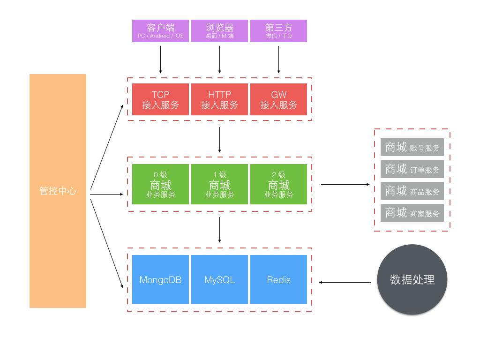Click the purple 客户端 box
click(x=160, y=31)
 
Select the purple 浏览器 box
click(x=219, y=31)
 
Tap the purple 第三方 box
click(x=278, y=31)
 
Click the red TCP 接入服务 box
click(x=160, y=99)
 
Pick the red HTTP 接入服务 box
click(x=219, y=99)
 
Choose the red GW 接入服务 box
click(x=278, y=99)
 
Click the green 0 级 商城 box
click(x=160, y=184)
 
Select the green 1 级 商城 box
click(x=219, y=184)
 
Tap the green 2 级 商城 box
click(x=278, y=184)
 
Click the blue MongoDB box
click(x=160, y=279)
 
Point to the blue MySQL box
click(x=219, y=279)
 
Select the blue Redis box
click(x=278, y=279)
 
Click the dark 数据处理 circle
click(x=412, y=279)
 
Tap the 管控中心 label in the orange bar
click(x=58, y=191)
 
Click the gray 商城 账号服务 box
click(x=412, y=148)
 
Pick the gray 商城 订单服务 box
click(x=412, y=169)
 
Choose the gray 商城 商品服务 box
click(x=412, y=191)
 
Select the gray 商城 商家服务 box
click(x=412, y=213)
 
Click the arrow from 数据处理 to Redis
click(x=348, y=282)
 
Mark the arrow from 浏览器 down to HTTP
click(x=219, y=59)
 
